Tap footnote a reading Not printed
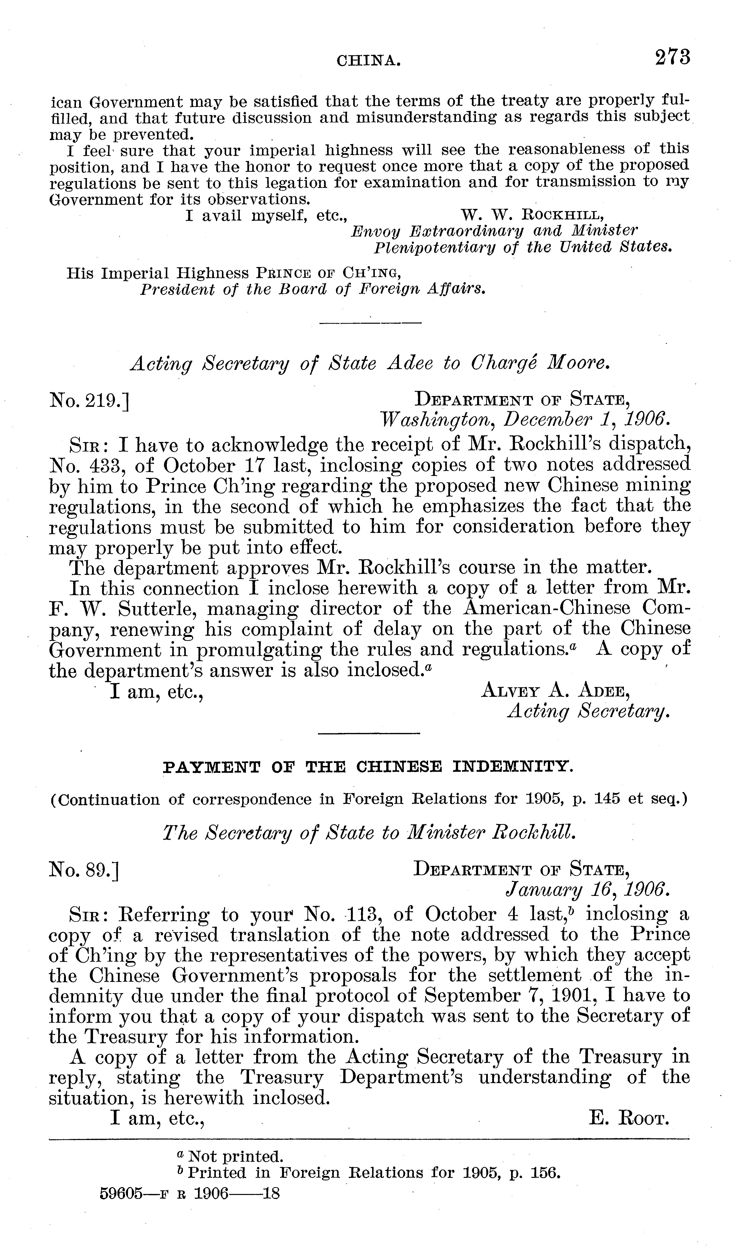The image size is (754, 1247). [x=230, y=1156]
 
